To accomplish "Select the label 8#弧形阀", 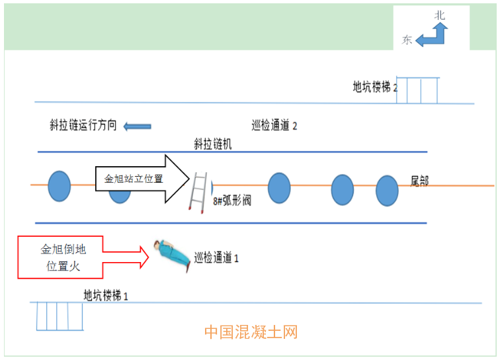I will (x=231, y=201).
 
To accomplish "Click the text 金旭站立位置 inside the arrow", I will (x=134, y=179).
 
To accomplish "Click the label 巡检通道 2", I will (x=274, y=125).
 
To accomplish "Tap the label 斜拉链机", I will (x=213, y=144).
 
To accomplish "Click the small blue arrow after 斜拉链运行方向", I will (x=138, y=126).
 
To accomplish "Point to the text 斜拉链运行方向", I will (x=83, y=125).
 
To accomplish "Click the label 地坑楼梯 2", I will (x=375, y=87).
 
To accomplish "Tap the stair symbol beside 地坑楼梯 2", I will (x=418, y=90).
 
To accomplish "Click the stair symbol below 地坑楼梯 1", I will (x=60, y=316).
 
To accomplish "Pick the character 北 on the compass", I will (x=440, y=15).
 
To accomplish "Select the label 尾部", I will (x=419, y=181).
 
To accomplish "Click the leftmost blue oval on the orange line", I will (x=59, y=186).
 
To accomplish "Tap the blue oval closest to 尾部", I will (x=387, y=191).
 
